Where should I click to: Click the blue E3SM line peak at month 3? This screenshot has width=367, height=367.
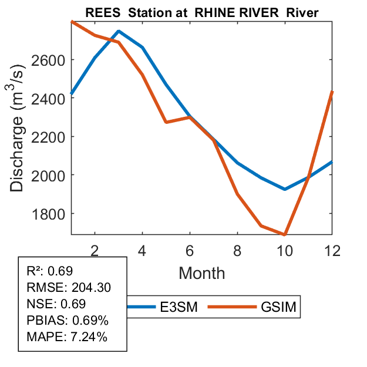[119, 31]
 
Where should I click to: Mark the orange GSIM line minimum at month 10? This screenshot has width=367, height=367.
[285, 234]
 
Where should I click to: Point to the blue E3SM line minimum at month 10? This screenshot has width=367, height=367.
[285, 189]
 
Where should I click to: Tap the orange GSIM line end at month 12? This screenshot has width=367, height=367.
[332, 92]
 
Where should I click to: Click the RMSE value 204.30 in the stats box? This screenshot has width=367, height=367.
[91, 288]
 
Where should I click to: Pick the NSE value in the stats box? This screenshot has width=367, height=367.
[74, 304]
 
